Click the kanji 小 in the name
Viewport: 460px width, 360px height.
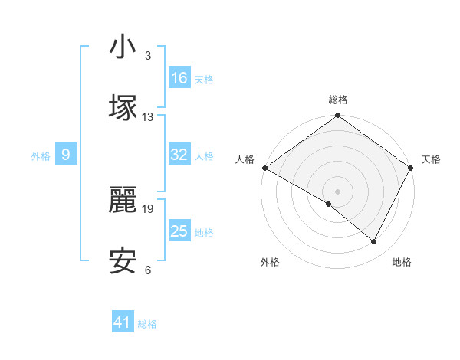click(x=123, y=47)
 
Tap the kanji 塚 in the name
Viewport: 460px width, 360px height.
click(x=123, y=106)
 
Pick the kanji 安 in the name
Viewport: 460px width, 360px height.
click(x=123, y=261)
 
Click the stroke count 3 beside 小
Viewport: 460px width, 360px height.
click(x=148, y=56)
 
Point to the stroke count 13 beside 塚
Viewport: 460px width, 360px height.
click(x=148, y=116)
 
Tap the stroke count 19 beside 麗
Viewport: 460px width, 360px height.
click(x=148, y=208)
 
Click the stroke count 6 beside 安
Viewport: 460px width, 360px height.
click(x=148, y=270)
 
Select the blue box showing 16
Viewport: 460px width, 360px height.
click(x=179, y=78)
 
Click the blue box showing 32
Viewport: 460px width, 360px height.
click(x=179, y=155)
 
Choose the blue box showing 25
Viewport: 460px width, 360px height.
click(x=179, y=231)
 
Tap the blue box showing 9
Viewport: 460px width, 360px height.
click(x=66, y=155)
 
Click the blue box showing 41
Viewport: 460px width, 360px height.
click(x=123, y=322)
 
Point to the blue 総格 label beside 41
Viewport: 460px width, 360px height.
click(x=147, y=324)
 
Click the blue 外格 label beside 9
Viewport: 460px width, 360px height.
click(x=41, y=156)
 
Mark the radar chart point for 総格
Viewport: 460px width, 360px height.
click(x=337, y=116)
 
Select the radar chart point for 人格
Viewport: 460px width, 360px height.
click(x=264, y=168)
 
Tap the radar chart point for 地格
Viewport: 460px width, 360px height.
click(x=374, y=242)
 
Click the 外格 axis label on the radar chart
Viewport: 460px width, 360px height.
click(x=270, y=263)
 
